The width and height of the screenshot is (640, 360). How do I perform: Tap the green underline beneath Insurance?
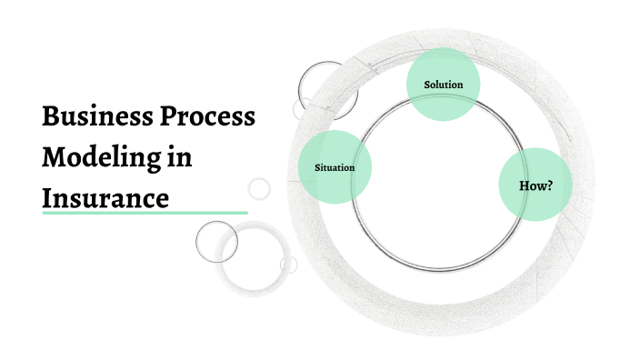tap(145, 213)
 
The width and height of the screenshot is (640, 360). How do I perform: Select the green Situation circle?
tap(335, 167)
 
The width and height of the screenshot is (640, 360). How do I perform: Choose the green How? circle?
tap(535, 185)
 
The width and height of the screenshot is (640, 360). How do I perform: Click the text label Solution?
tap(444, 85)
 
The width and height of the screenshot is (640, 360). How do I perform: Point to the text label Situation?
tap(334, 168)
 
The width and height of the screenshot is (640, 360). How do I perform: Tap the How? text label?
tap(535, 185)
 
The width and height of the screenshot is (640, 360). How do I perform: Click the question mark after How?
tap(549, 185)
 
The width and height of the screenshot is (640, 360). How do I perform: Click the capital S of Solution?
tap(427, 85)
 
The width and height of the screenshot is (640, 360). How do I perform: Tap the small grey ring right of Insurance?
tap(259, 188)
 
